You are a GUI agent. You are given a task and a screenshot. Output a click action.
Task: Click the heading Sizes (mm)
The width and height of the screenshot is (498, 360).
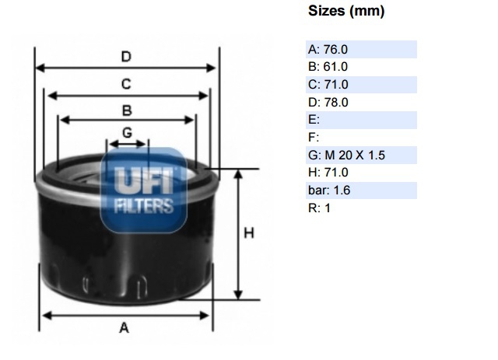[x=346, y=12]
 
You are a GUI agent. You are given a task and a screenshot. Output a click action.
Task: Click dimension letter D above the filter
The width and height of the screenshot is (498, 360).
[x=125, y=56]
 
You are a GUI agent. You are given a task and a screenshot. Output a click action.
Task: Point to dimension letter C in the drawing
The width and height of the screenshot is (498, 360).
[x=125, y=83]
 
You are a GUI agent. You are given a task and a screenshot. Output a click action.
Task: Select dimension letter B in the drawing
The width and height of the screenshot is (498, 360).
[x=127, y=110]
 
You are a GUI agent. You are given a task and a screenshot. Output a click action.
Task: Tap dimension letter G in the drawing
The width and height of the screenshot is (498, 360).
[x=127, y=131]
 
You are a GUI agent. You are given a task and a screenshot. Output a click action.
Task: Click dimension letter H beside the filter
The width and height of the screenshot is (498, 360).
[x=250, y=233]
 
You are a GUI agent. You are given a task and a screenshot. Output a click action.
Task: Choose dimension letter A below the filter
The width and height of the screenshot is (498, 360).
[x=124, y=328]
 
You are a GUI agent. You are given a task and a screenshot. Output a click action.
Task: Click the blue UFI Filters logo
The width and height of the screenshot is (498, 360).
[x=144, y=190]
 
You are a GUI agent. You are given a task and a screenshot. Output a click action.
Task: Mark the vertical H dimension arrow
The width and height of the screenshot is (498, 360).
[x=237, y=233]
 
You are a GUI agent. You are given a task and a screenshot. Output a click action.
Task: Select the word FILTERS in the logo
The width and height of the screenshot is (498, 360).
[x=144, y=205]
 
